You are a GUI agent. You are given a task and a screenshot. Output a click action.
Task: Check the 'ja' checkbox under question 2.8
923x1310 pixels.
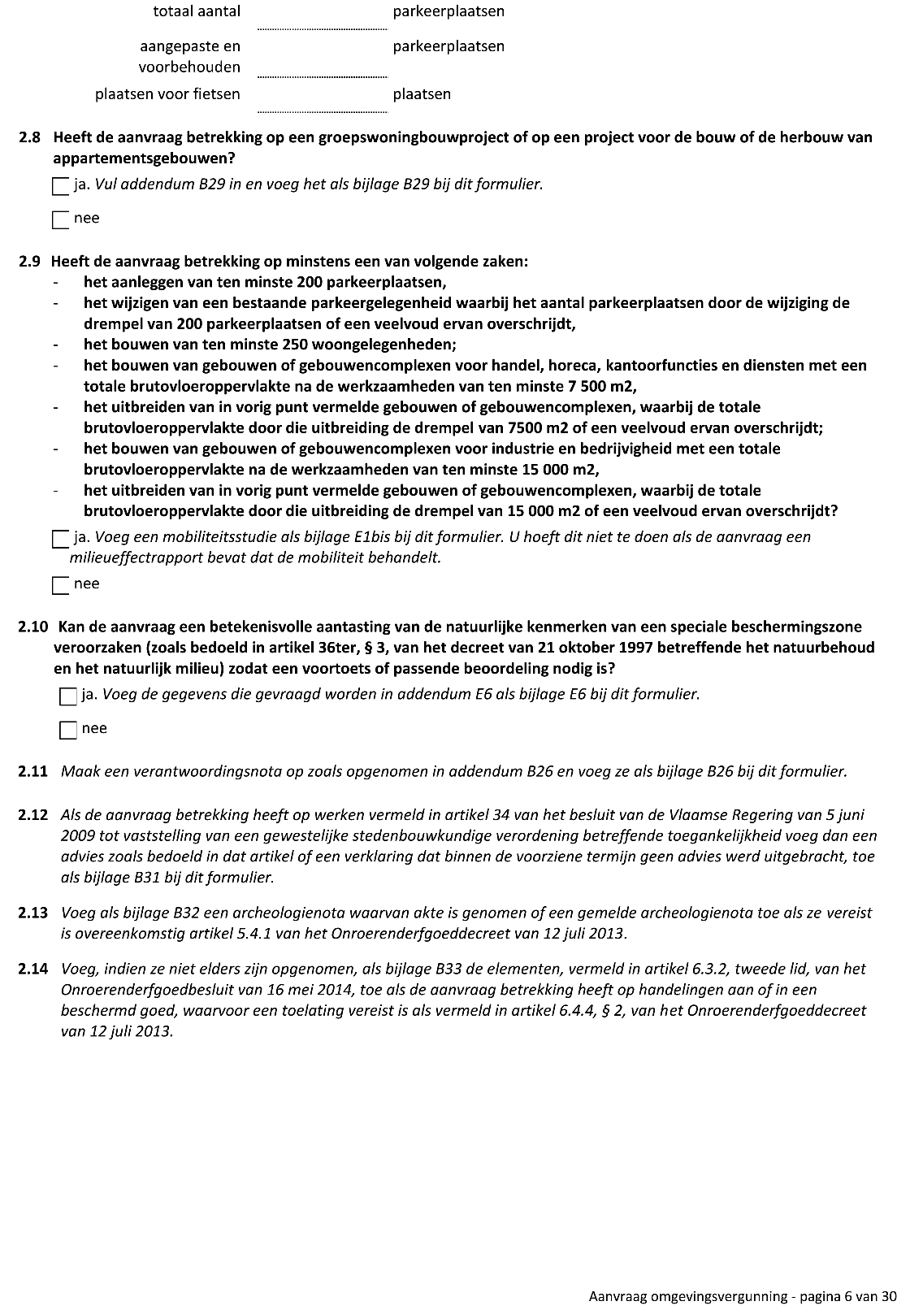point(61,187)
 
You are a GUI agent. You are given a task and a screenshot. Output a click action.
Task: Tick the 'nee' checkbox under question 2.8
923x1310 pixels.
point(61,220)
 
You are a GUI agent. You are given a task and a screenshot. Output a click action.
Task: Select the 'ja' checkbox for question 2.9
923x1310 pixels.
point(61,540)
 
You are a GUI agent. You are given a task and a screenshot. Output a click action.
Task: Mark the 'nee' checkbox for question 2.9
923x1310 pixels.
point(61,586)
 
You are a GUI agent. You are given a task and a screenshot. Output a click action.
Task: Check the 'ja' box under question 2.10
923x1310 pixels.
point(68,696)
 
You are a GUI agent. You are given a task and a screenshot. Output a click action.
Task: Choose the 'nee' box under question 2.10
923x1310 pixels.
point(68,731)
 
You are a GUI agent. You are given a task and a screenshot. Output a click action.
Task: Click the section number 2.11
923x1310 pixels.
point(33,772)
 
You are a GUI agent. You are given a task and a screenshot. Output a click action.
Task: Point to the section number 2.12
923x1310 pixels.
point(33,814)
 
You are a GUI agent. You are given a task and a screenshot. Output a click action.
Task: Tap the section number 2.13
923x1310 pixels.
point(33,913)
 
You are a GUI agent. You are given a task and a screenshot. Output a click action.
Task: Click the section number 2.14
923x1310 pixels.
point(33,969)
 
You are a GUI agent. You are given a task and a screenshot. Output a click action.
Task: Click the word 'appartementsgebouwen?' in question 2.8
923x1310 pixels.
point(144,158)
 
